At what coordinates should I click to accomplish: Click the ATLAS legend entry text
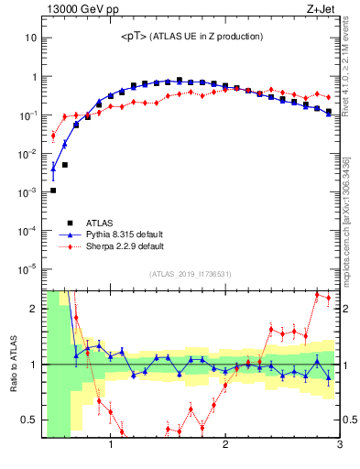tap(100, 223)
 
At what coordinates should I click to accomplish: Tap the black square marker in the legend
tap(70, 223)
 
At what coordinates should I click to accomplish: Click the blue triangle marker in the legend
tap(70, 234)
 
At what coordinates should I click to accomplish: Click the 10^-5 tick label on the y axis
tap(27, 268)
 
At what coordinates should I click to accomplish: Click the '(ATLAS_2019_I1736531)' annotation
tap(190, 274)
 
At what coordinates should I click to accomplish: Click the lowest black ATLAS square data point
tap(53, 191)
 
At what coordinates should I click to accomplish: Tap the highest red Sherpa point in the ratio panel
tap(317, 295)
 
